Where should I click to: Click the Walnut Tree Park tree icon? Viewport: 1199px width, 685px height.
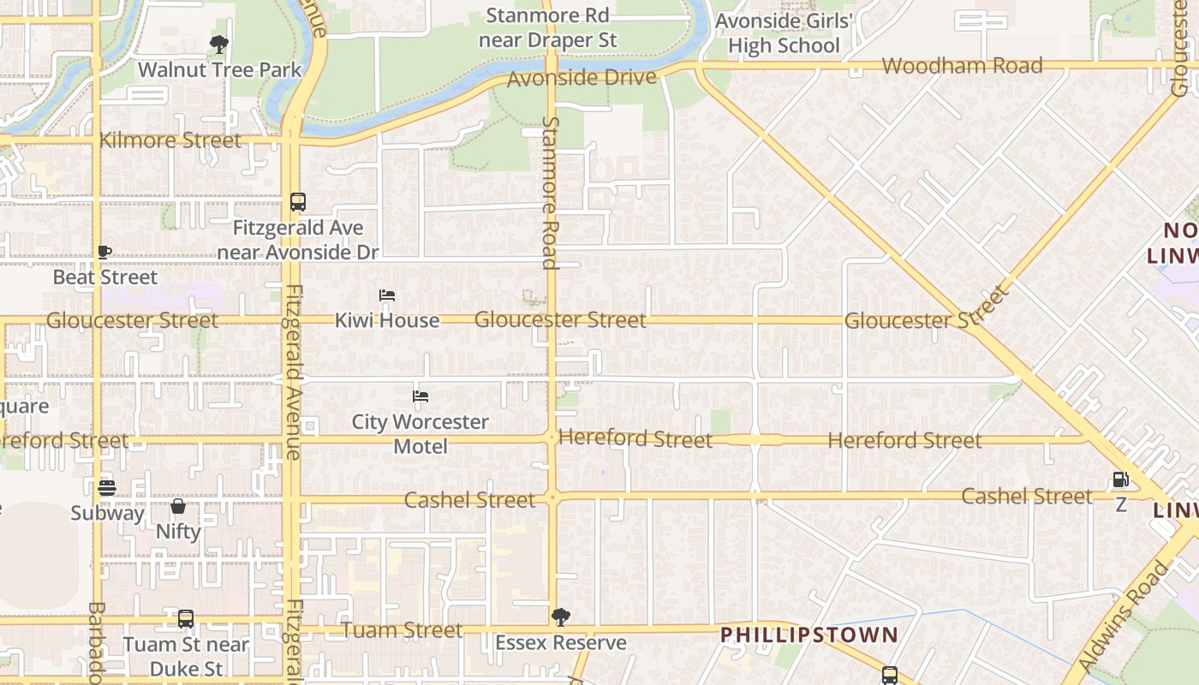[219, 45]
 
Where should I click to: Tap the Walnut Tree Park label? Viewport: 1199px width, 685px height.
[220, 70]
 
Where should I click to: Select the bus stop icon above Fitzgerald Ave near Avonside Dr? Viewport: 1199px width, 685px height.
[298, 202]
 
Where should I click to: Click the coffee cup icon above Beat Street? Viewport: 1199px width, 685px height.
[104, 252]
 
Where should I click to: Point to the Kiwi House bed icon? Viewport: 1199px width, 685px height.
[387, 295]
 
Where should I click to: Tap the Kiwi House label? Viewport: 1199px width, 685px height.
[387, 320]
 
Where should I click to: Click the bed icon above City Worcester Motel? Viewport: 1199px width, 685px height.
[421, 396]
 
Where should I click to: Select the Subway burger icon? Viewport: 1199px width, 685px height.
[107, 488]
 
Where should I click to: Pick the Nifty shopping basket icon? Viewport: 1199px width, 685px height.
[178, 507]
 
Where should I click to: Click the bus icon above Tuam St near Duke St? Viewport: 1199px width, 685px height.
[186, 619]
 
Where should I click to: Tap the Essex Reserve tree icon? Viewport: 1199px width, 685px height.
[561, 616]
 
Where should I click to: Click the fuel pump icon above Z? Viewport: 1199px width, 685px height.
[1121, 479]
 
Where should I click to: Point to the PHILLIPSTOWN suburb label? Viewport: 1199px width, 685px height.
[808, 635]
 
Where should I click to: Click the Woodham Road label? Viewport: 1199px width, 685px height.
[962, 66]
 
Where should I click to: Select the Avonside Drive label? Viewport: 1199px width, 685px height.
[582, 78]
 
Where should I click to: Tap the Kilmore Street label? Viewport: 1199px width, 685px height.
[170, 140]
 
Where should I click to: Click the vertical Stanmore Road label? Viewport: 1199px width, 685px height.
[550, 193]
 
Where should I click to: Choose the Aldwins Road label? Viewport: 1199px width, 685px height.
[1124, 615]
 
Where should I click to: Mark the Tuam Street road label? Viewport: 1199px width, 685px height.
[403, 630]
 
